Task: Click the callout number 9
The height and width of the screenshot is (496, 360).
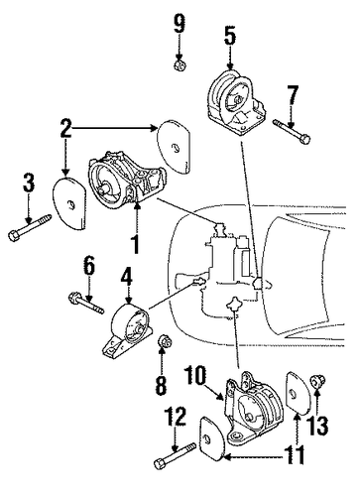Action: tap(179, 24)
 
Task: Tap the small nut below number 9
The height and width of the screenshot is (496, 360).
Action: tap(180, 64)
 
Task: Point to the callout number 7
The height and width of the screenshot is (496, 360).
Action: tap(293, 96)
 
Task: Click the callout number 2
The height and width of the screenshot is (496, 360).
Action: tap(66, 128)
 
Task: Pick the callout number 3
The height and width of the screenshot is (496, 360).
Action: tap(29, 184)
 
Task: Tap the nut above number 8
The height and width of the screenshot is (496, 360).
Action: tap(165, 341)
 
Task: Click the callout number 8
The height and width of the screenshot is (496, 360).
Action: tap(162, 385)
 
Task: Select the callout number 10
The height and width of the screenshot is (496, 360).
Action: tap(195, 375)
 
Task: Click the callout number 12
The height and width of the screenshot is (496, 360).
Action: tap(176, 416)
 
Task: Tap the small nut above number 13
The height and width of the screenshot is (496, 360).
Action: tap(317, 382)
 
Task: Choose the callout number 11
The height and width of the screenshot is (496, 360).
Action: tap(296, 454)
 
